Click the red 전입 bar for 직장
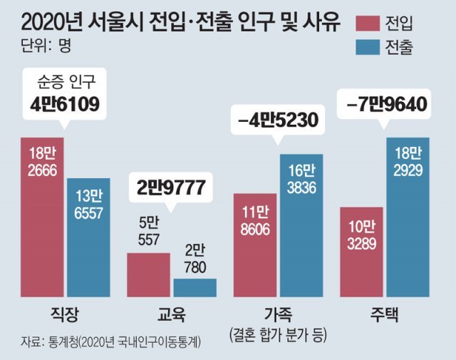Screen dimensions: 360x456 (41, 217)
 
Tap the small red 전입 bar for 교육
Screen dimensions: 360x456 (148, 274)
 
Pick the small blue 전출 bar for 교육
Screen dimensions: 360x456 (195, 287)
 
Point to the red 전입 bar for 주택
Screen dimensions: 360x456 (362, 252)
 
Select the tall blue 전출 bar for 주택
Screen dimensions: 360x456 (408, 217)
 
